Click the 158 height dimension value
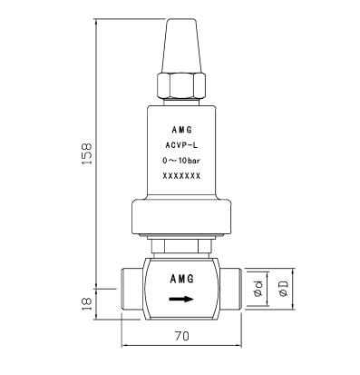pos(87,153)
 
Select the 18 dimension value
pos(87,303)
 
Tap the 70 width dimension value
pos(182,336)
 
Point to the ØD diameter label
pos(284,289)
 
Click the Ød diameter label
pos(258,289)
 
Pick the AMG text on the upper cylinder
pos(182,130)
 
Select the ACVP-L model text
pos(181,145)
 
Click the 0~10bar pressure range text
pos(181,161)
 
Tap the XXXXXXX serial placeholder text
pos(181,176)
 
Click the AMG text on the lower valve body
pos(182,279)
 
